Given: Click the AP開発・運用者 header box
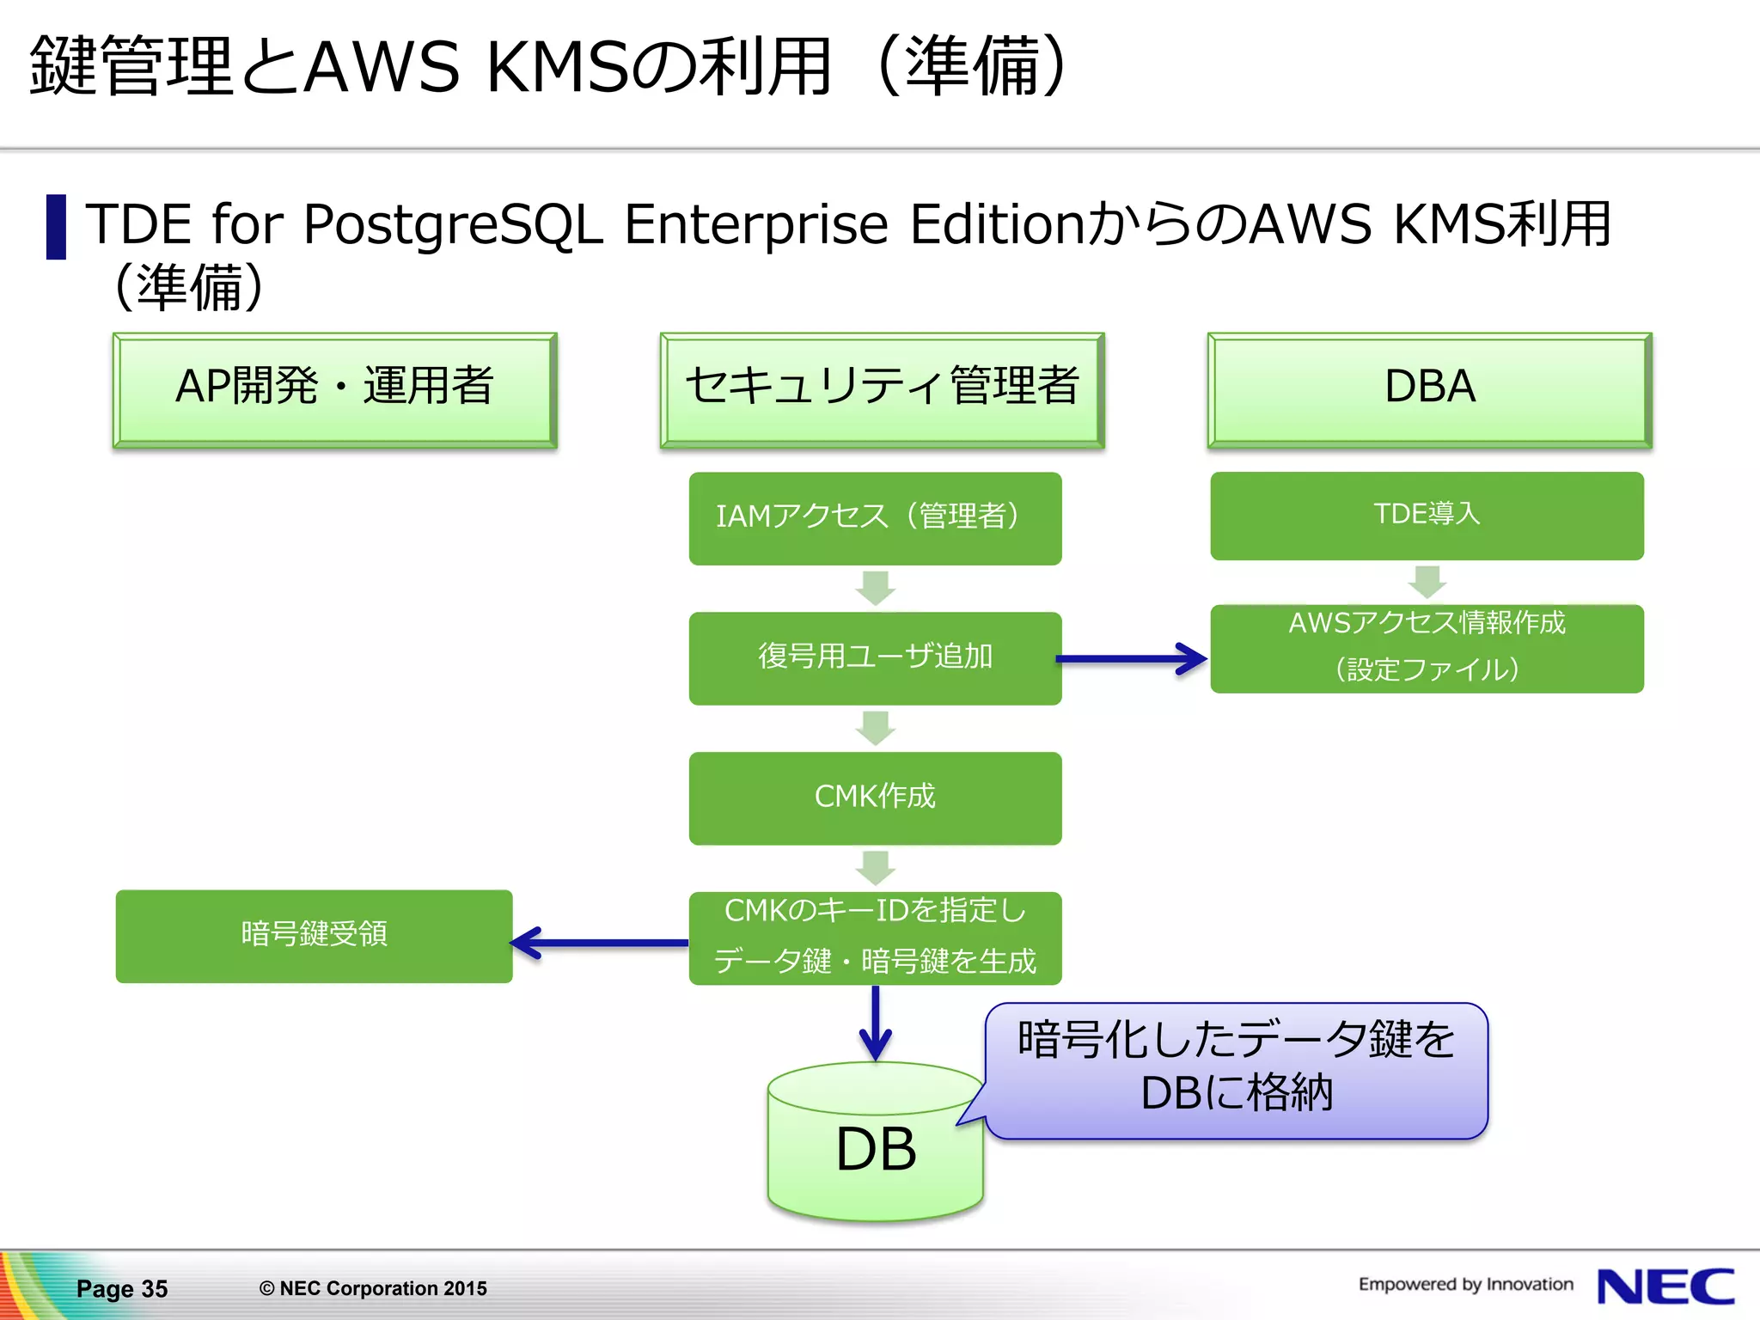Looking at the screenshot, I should pyautogui.click(x=334, y=389).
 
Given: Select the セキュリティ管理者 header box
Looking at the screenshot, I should pyautogui.click(x=882, y=389).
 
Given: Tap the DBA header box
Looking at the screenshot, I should pyautogui.click(x=1428, y=389).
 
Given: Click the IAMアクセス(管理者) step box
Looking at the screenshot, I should pyautogui.click(x=875, y=518).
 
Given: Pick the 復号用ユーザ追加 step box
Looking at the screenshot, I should pyautogui.click(x=875, y=658).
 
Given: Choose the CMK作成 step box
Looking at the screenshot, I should pyautogui.click(x=875, y=797).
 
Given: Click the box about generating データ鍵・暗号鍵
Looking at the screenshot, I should pyautogui.click(x=875, y=938).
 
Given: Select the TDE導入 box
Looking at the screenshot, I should pyautogui.click(x=1427, y=516).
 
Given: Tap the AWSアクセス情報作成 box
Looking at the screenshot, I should pyautogui.click(x=1427, y=649).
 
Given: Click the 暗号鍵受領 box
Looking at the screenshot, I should pyautogui.click(x=314, y=936).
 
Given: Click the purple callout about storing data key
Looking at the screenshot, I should pyautogui.click(x=1237, y=1070).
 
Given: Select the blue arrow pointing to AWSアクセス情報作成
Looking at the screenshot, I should pyautogui.click(x=1131, y=659).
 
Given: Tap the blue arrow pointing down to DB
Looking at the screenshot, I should pyautogui.click(x=875, y=1023).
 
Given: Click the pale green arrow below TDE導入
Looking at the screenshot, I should pyautogui.click(x=1427, y=582).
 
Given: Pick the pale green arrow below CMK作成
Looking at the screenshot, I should pyautogui.click(x=875, y=868).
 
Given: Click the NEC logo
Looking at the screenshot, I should pyautogui.click(x=1665, y=1286).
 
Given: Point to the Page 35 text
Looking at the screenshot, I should pyautogui.click(x=122, y=1288).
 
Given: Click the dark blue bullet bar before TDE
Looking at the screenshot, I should pyautogui.click(x=56, y=227).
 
